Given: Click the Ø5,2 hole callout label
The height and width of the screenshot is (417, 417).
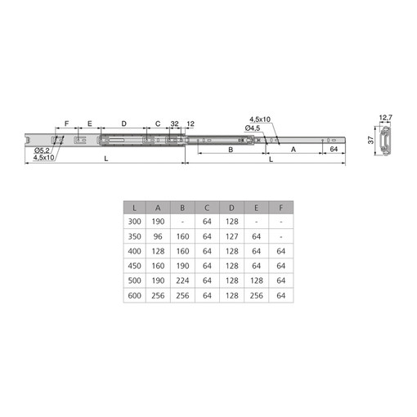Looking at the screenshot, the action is click(42, 150).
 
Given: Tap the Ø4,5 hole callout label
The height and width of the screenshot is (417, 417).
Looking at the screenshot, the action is click(253, 128).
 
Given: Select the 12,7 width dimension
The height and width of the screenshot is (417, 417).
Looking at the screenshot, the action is click(385, 118).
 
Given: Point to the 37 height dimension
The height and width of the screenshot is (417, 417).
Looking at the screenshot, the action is click(370, 140).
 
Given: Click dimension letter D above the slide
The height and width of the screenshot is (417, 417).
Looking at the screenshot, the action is click(123, 123).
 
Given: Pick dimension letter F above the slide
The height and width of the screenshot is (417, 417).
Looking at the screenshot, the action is click(66, 123).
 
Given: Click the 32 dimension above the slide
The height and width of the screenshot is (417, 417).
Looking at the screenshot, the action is click(174, 123).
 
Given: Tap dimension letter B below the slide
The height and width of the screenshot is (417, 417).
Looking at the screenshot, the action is click(231, 150).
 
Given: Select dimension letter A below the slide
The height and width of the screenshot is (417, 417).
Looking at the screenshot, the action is click(294, 150).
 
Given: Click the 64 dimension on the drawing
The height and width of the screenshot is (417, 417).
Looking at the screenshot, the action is click(334, 149).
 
